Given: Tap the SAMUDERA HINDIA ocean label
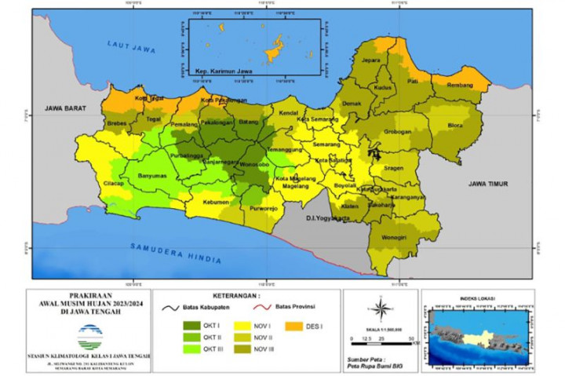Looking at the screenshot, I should tap(177, 253).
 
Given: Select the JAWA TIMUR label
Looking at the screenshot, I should tap(488, 184).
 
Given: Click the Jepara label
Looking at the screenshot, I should tap(371, 60).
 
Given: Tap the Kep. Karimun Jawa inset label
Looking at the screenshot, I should tap(216, 71).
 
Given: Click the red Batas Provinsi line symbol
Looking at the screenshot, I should tap(278, 308).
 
